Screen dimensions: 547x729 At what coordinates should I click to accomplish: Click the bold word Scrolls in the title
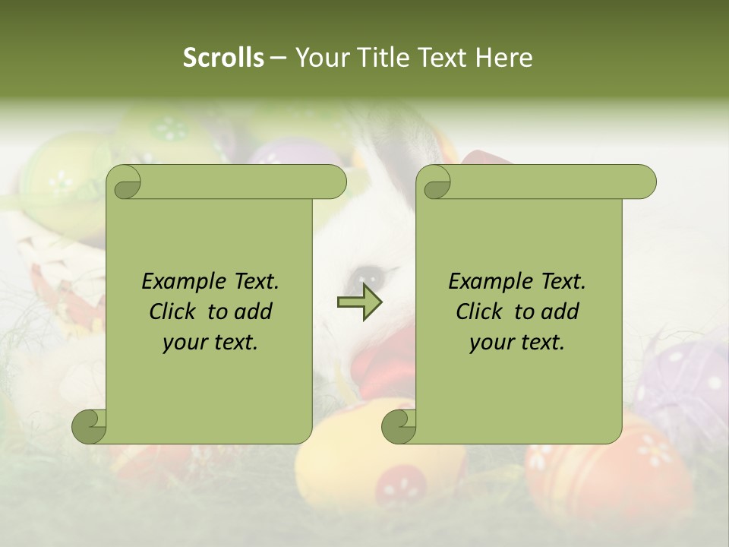click(224, 58)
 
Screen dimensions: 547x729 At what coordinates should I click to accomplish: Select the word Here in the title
click(503, 58)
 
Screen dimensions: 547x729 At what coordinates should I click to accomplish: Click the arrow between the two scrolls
click(360, 302)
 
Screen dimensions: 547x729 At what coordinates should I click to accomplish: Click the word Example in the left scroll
click(180, 282)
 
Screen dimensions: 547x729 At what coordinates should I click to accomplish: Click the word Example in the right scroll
click(487, 282)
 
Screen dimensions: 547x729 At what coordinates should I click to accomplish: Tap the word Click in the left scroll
click(174, 311)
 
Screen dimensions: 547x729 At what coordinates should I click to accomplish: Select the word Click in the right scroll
click(481, 311)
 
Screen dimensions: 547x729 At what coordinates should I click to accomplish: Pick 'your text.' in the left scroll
click(210, 343)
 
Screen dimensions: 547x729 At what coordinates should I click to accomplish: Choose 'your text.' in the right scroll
click(517, 343)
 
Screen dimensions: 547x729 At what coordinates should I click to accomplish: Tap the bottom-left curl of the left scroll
click(89, 426)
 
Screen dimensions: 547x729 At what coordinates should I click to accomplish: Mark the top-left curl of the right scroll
click(435, 183)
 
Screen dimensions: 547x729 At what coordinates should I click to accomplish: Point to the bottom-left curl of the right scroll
click(399, 426)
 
